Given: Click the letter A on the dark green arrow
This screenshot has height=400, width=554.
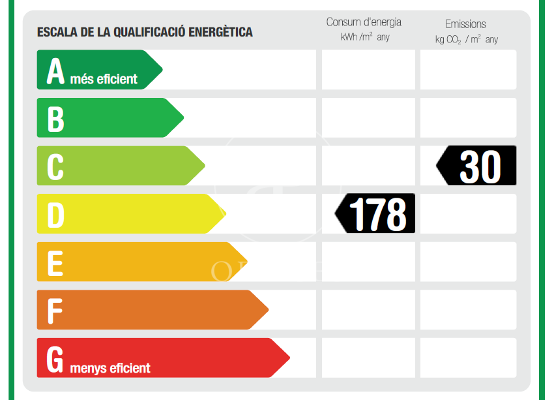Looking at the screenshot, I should (x=56, y=71).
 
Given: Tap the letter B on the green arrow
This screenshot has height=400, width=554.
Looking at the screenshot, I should (x=56, y=119).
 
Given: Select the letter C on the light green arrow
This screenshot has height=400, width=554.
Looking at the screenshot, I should (x=55, y=166).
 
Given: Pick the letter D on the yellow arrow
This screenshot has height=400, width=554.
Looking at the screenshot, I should (x=56, y=215).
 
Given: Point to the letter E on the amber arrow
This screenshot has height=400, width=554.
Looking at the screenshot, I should (x=55, y=263).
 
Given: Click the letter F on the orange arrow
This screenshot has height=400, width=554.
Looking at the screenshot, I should (x=55, y=311).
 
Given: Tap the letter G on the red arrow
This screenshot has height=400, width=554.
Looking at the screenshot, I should (x=56, y=359).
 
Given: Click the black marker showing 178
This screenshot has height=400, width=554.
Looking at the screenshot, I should (x=376, y=213).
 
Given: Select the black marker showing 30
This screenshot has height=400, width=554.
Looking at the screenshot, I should (x=478, y=166).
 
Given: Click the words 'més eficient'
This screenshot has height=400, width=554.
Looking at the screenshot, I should (x=104, y=80).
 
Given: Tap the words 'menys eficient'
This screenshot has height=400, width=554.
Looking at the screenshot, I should (x=110, y=369).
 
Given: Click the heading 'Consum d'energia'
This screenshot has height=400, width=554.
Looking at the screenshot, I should (x=364, y=22).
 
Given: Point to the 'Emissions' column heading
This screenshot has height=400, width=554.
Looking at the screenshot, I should (x=465, y=24).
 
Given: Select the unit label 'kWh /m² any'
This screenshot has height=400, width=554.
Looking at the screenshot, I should (x=365, y=37).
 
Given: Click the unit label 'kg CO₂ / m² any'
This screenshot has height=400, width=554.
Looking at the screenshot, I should (x=466, y=39).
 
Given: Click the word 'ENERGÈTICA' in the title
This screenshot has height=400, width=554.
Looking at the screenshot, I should (x=220, y=32).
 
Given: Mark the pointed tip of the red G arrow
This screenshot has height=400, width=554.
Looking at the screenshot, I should (x=289, y=358).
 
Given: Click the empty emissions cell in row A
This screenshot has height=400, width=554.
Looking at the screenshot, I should (x=468, y=70).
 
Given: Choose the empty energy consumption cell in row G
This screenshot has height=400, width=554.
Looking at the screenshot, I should (x=368, y=358).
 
